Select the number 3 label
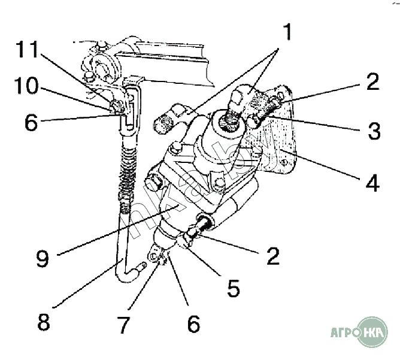click(x=374, y=131)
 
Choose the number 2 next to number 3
click(x=372, y=81)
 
